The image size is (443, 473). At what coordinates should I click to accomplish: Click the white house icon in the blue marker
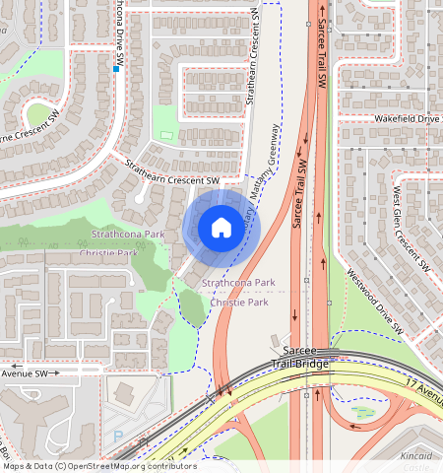point(221,228)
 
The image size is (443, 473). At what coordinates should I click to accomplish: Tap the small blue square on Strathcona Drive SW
point(116,69)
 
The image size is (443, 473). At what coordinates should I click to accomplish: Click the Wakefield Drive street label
point(405,118)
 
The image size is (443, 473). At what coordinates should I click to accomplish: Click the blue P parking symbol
point(119,435)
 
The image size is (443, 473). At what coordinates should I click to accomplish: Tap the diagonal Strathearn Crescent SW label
point(173,173)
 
